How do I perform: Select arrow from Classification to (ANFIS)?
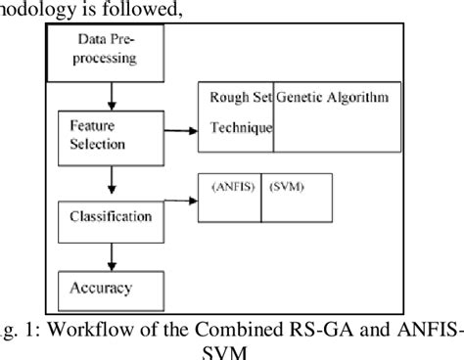point(176,202)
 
